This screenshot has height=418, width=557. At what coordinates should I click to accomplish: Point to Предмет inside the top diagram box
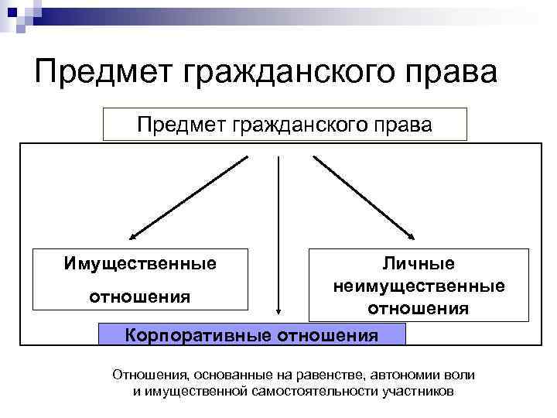pos(176,124)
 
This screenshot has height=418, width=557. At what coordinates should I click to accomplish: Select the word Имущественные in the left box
pos(140,264)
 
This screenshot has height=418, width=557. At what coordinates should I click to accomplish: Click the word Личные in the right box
pos(419,264)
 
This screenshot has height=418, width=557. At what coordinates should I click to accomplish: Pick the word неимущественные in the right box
pos(419,286)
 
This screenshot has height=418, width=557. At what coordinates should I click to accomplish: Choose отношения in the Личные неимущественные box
pos(419,308)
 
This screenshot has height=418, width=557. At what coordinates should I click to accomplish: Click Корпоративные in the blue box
pos(196,335)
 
